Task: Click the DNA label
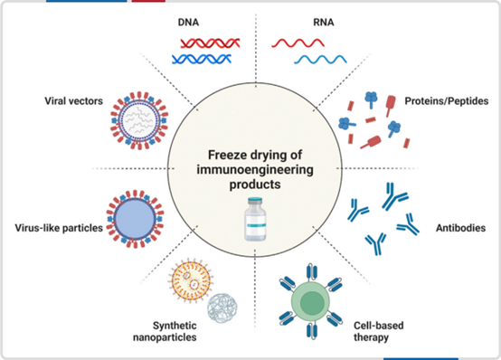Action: [x=188, y=23]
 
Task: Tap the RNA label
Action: [x=324, y=23]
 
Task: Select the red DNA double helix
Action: [x=210, y=43]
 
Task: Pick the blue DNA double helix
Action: [x=202, y=59]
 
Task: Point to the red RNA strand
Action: [x=298, y=43]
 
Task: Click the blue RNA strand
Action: [x=320, y=59]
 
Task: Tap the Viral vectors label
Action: [x=74, y=101]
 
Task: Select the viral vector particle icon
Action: [x=139, y=120]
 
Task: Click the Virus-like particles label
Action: [x=59, y=228]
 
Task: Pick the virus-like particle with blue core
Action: [x=135, y=219]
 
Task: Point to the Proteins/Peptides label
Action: [x=447, y=101]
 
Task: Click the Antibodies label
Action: [x=460, y=228]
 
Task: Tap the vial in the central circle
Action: [x=255, y=219]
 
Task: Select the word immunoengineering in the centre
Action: [x=255, y=170]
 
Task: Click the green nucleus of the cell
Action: [x=312, y=303]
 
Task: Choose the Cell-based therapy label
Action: [x=379, y=331]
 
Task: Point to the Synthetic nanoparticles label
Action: [x=165, y=331]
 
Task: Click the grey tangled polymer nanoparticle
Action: [x=222, y=308]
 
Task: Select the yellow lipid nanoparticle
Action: [x=191, y=280]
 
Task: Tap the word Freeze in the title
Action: [x=227, y=155]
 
